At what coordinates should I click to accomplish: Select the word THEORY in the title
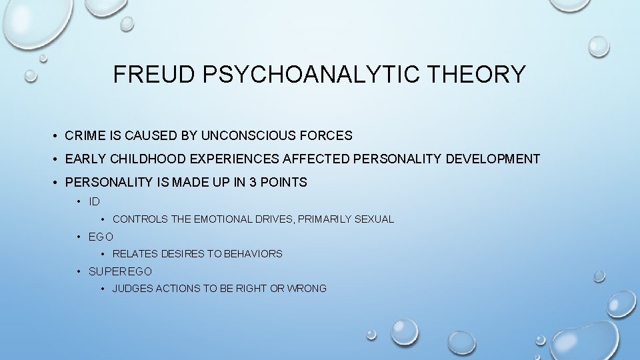(485, 74)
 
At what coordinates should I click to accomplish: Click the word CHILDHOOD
(143, 159)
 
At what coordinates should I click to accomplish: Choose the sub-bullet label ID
(94, 201)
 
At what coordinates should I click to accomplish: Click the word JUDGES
(133, 289)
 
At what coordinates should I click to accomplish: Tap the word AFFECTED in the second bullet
(313, 159)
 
